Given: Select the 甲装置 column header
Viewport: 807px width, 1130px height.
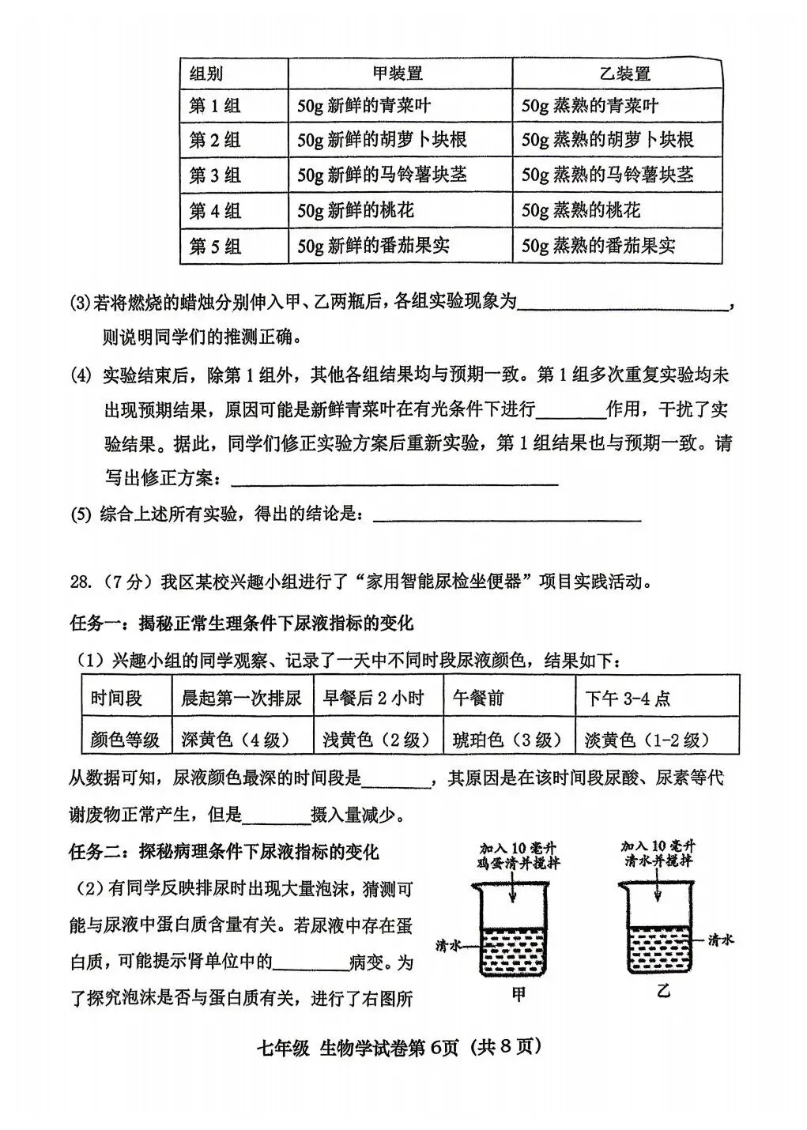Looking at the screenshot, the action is (398, 73).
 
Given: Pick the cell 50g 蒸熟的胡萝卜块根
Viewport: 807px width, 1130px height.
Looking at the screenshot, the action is (608, 140).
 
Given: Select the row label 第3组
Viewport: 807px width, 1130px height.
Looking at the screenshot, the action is (215, 175).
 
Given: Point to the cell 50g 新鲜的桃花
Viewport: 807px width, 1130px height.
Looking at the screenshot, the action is (355, 210).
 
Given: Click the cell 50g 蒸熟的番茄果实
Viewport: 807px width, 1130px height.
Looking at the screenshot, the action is (598, 246).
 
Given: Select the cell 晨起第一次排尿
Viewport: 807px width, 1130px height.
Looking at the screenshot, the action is (242, 698).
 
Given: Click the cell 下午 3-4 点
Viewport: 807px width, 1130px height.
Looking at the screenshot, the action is (628, 698).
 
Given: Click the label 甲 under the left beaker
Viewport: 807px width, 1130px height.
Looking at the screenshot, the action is (519, 995).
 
